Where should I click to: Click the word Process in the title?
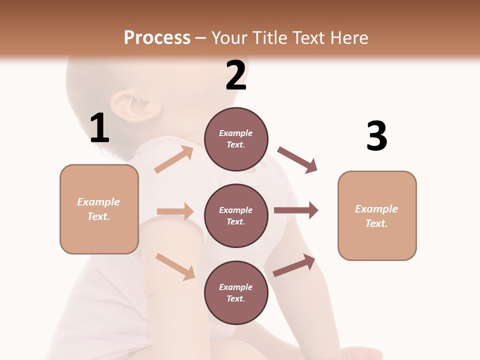tap(157, 38)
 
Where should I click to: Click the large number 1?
tap(99, 128)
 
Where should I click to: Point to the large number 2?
tap(236, 75)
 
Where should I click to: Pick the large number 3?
tap(376, 136)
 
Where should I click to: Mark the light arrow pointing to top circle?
tap(174, 159)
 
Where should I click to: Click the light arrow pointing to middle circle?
tap(175, 211)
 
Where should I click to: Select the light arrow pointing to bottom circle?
tap(175, 266)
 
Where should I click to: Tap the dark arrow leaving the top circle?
tap(297, 159)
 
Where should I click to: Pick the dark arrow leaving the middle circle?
tap(296, 210)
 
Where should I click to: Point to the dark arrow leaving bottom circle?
tap(294, 265)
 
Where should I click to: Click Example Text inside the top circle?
tap(236, 139)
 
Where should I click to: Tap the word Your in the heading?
tap(230, 38)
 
